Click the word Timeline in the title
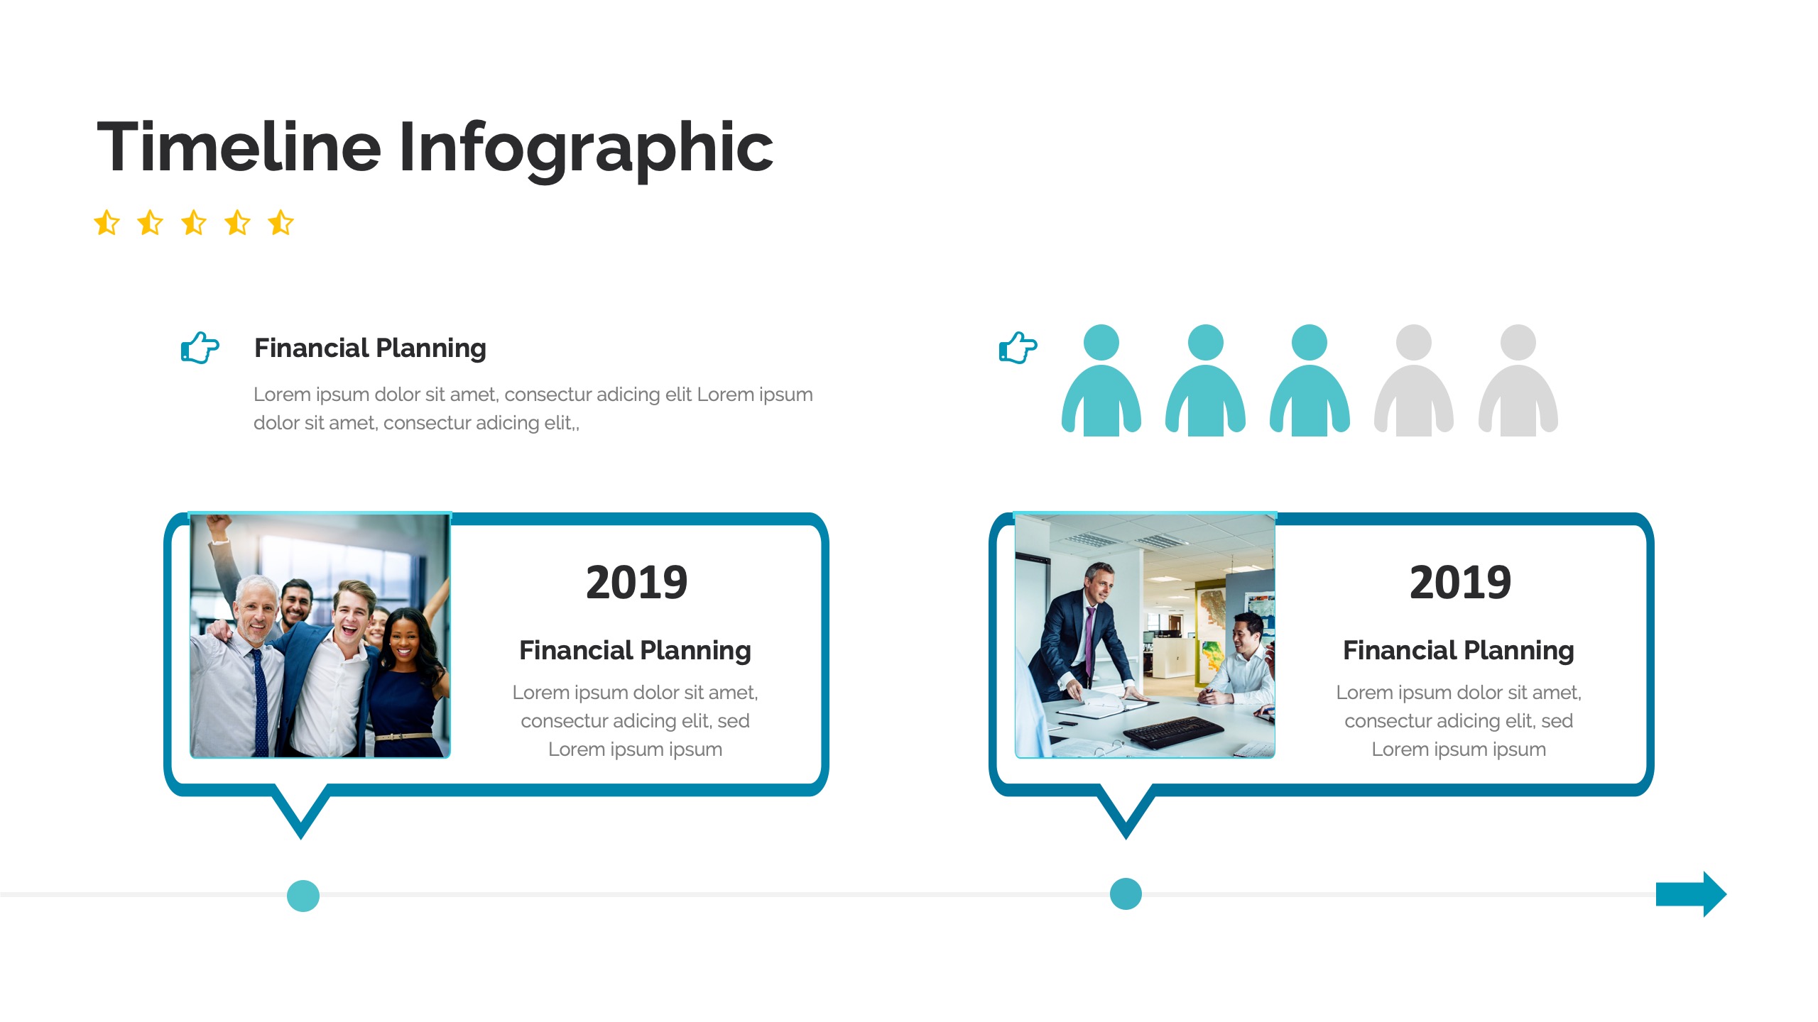[x=239, y=147]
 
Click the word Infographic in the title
[x=586, y=149]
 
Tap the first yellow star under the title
[x=107, y=222]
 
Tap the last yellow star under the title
[x=281, y=222]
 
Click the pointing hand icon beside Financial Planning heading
[x=200, y=348]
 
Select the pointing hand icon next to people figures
[x=1018, y=348]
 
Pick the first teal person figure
[x=1101, y=380]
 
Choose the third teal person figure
[x=1310, y=380]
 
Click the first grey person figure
[x=1414, y=380]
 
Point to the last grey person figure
[x=1518, y=380]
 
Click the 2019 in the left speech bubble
[x=636, y=583]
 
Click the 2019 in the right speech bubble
[x=1460, y=583]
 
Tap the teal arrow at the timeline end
[x=1691, y=894]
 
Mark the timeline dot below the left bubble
[x=303, y=896]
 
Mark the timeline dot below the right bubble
[x=1126, y=894]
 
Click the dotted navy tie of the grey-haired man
[x=261, y=703]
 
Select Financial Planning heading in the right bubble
[x=1459, y=651]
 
